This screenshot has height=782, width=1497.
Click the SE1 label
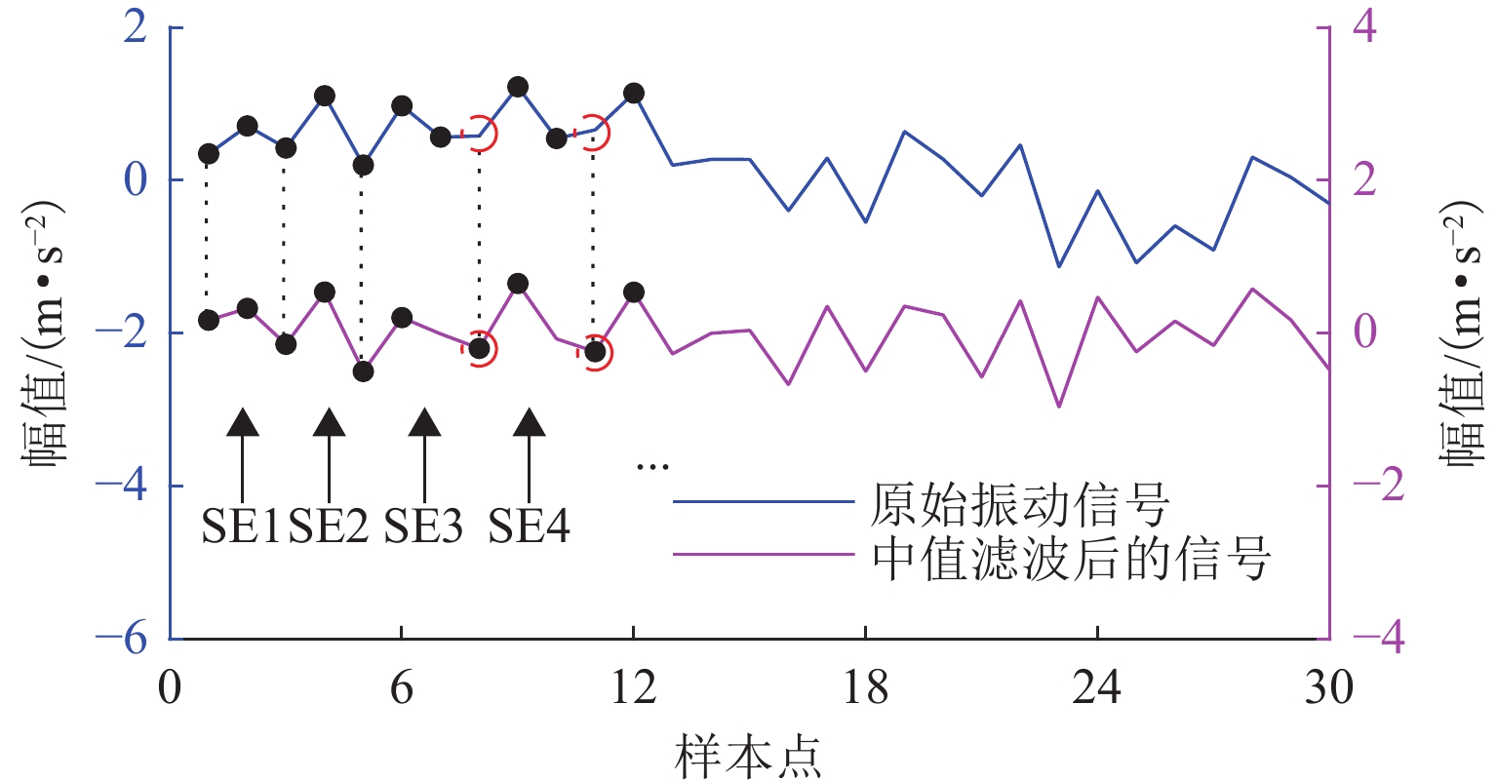click(x=241, y=528)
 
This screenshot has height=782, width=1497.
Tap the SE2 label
click(x=329, y=528)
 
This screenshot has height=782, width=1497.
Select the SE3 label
click(x=423, y=528)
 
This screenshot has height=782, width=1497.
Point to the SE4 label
click(x=530, y=528)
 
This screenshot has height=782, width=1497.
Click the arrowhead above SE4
click(x=530, y=422)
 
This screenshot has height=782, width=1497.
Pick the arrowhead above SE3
click(x=423, y=422)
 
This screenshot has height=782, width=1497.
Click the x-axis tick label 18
click(x=865, y=688)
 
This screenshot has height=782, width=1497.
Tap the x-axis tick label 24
click(x=1097, y=688)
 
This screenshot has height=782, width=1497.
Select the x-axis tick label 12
click(x=634, y=688)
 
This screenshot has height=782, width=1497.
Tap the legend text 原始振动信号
click(x=1019, y=504)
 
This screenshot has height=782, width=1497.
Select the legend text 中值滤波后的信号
click(x=1071, y=560)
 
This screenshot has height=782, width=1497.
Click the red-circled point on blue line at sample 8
click(x=479, y=135)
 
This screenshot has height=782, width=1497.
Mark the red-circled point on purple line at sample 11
click(x=595, y=352)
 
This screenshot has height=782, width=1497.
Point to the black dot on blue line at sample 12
click(x=634, y=94)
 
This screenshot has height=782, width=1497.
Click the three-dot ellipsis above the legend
click(x=652, y=467)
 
